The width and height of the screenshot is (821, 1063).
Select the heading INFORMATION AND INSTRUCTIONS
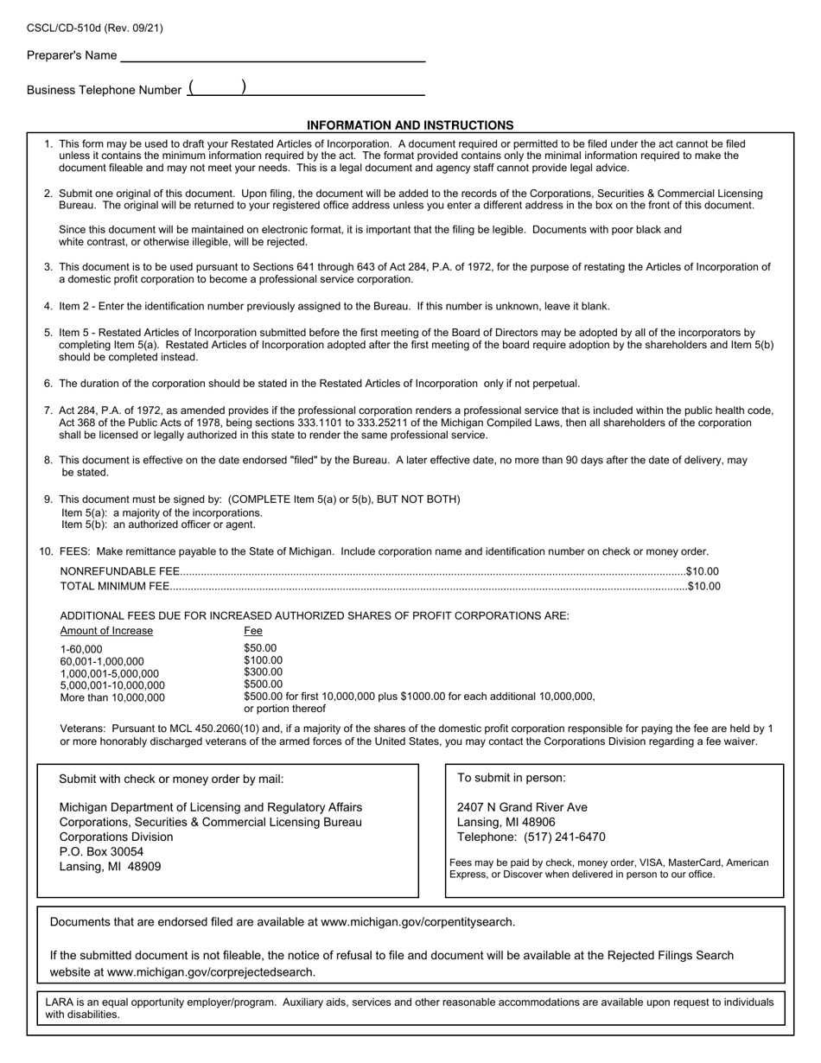coord(410,125)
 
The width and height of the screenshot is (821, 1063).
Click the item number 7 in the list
coord(48,411)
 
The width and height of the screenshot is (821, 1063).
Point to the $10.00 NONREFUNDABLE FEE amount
coord(702,571)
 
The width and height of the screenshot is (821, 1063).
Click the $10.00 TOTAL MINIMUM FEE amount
coord(703,586)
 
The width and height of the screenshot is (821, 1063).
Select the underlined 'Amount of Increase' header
coord(106,631)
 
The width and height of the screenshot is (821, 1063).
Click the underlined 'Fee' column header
coord(253,631)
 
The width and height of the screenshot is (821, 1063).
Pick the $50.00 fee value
coord(260,648)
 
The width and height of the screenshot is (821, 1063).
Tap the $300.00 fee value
coord(263,672)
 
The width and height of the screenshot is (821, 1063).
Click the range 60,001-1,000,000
coord(102,661)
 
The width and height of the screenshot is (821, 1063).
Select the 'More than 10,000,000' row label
coord(112,697)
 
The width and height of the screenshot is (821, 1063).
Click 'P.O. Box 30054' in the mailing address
coord(101,851)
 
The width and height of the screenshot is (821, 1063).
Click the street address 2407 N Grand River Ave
coord(522,807)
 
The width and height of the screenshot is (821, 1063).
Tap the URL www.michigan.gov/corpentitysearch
coord(417,921)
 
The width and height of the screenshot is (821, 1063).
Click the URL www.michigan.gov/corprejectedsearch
coord(211,971)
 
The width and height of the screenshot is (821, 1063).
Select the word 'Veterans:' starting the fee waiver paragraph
coord(83,729)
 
